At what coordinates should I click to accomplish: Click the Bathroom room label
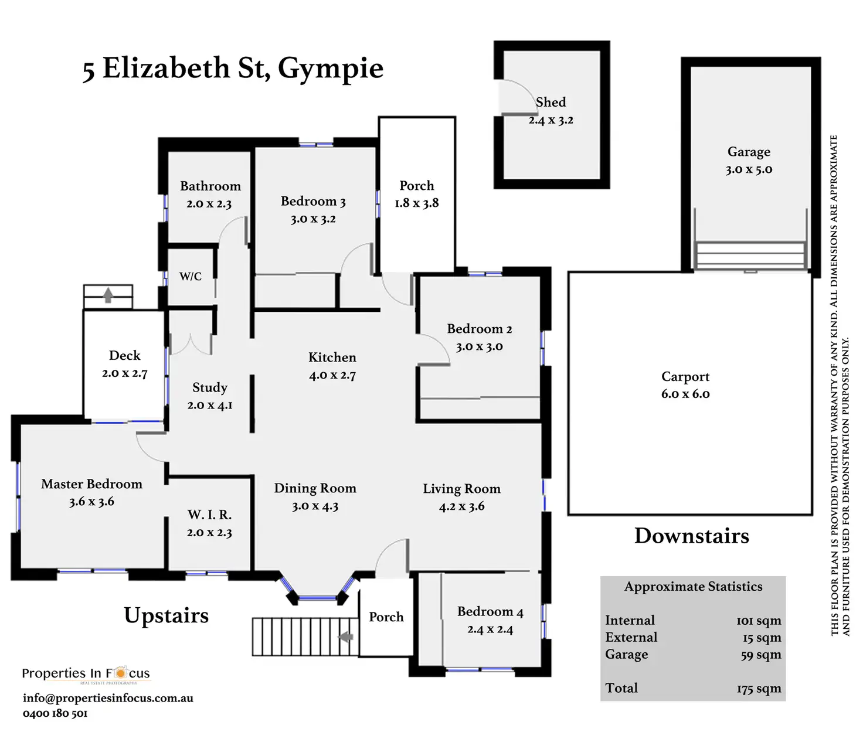point(210,186)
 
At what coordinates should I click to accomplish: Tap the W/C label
point(191,277)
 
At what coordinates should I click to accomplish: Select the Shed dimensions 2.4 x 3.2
point(551,120)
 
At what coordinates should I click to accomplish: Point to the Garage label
point(749,152)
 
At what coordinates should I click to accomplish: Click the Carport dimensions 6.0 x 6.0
point(685,394)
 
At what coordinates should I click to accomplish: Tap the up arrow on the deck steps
point(108,294)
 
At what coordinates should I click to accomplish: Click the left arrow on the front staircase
point(346,636)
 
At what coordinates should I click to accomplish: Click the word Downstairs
point(691,536)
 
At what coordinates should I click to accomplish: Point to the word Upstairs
point(166,615)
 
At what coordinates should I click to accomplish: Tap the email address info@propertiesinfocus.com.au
point(108,698)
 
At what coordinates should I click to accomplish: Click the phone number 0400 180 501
point(55,713)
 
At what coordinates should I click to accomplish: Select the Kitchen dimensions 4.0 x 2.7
point(332,376)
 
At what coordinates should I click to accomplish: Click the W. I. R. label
point(209,515)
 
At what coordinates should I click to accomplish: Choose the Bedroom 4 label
point(490,612)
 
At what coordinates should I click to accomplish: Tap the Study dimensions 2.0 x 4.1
point(210,405)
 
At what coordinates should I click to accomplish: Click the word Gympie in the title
point(331,69)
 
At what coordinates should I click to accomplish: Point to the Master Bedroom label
point(91,484)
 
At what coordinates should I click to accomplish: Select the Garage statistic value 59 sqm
point(760,655)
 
